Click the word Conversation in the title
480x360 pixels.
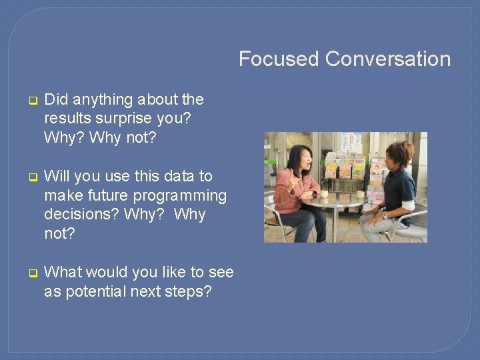point(388,59)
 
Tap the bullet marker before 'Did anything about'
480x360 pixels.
point(31,101)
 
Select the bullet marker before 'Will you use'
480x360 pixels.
point(31,178)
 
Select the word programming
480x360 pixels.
point(180,196)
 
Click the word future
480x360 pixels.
point(105,195)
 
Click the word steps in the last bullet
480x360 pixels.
point(190,291)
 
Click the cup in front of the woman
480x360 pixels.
point(325,194)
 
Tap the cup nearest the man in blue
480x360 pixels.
point(360,195)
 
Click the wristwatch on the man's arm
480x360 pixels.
point(385,215)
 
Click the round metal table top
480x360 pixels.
point(340,199)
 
